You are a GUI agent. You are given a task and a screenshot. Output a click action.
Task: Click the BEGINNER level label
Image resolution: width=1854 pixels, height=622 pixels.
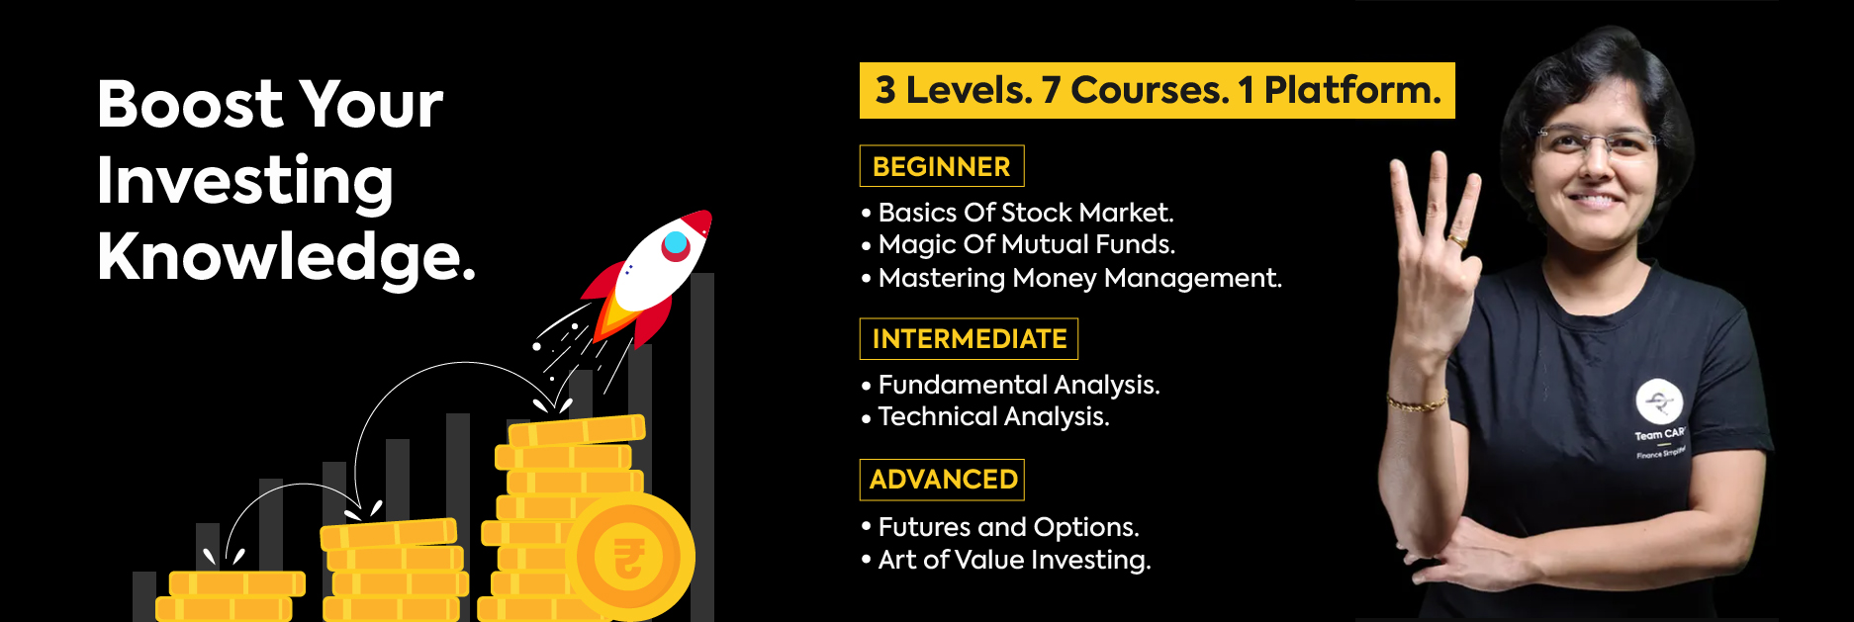[941, 166]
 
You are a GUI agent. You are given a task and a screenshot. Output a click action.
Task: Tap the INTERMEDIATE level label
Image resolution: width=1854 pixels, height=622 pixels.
[969, 339]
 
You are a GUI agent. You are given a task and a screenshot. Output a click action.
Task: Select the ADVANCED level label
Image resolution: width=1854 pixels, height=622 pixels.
[942, 480]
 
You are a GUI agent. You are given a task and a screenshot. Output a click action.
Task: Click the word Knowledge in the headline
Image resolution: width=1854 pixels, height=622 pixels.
[285, 257]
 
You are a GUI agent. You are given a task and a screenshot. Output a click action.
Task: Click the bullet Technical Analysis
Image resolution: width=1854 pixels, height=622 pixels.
[992, 416]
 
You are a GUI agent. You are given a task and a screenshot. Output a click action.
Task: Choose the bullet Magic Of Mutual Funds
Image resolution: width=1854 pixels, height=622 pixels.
[1026, 244]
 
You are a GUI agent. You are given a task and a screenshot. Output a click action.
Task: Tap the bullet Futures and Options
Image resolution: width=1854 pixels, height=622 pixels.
[1007, 527]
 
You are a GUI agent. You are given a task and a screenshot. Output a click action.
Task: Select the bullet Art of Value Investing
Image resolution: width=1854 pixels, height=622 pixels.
[1013, 560]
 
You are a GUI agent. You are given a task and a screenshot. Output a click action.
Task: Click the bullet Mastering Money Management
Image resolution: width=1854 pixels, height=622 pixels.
[1078, 278]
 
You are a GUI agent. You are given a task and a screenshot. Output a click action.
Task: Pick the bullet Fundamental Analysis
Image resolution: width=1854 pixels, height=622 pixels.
[1018, 385]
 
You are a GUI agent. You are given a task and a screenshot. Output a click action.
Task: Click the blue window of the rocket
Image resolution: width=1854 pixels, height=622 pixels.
[676, 243]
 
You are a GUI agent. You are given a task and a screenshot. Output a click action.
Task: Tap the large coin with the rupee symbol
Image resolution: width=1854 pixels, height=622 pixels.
[630, 557]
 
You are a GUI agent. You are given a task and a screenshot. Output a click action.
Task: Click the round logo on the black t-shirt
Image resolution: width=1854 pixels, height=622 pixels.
[1658, 401]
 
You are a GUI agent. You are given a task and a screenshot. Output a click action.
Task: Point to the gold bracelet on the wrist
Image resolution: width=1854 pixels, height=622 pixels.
[1417, 402]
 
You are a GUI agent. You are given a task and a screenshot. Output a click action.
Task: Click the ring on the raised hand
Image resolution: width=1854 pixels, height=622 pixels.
[1458, 239]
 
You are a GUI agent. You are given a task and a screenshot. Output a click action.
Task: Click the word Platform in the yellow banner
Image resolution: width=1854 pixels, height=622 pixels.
[1351, 90]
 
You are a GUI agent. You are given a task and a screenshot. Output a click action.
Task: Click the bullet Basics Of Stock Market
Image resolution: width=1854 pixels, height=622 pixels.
[1025, 213]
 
